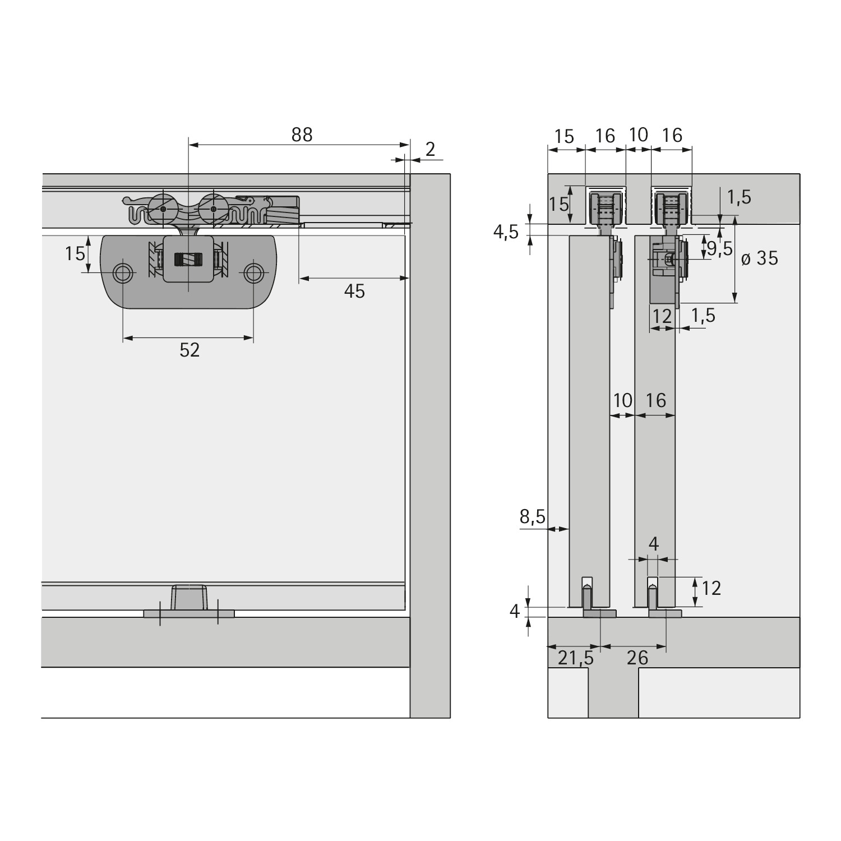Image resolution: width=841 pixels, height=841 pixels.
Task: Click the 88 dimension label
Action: tap(302, 135)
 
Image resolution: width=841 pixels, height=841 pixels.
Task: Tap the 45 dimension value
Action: tap(354, 291)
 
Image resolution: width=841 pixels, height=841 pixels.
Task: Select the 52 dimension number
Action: tap(190, 350)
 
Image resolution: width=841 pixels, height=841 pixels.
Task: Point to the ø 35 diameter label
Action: tap(760, 258)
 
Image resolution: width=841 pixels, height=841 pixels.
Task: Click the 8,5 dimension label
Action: tap(532, 516)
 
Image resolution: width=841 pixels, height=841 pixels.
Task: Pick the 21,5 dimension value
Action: tap(575, 657)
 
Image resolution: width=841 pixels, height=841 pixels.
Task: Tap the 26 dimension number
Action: tap(637, 657)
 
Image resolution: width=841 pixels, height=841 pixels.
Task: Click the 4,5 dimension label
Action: tap(506, 232)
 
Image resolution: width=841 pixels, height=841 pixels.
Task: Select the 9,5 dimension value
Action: tap(720, 248)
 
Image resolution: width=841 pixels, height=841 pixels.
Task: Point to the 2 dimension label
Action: tap(430, 149)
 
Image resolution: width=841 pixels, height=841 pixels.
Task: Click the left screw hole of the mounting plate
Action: tap(123, 273)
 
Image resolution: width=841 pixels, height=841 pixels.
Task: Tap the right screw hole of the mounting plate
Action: tap(253, 273)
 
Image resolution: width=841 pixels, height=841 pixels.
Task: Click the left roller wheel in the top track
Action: tap(163, 208)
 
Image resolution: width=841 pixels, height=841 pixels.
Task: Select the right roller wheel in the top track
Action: tap(213, 208)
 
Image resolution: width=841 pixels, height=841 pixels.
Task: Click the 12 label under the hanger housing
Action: tap(662, 316)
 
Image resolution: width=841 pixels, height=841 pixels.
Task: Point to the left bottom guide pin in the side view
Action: tap(587, 598)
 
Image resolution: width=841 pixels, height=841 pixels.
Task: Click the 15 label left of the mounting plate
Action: tap(75, 253)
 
